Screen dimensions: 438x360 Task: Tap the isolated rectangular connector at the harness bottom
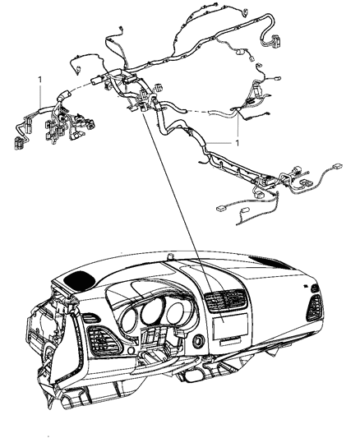coord(221,210)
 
